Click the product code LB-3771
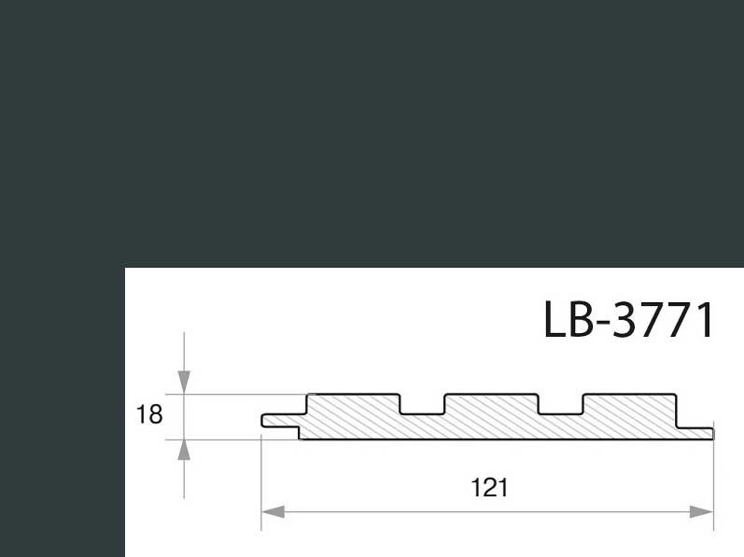click(628, 319)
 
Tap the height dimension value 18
click(149, 414)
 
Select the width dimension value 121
click(489, 488)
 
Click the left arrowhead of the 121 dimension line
click(274, 512)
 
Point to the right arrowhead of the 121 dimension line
click(701, 512)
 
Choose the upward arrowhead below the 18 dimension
click(184, 450)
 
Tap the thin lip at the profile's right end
click(695, 433)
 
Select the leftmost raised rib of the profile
click(354, 403)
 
